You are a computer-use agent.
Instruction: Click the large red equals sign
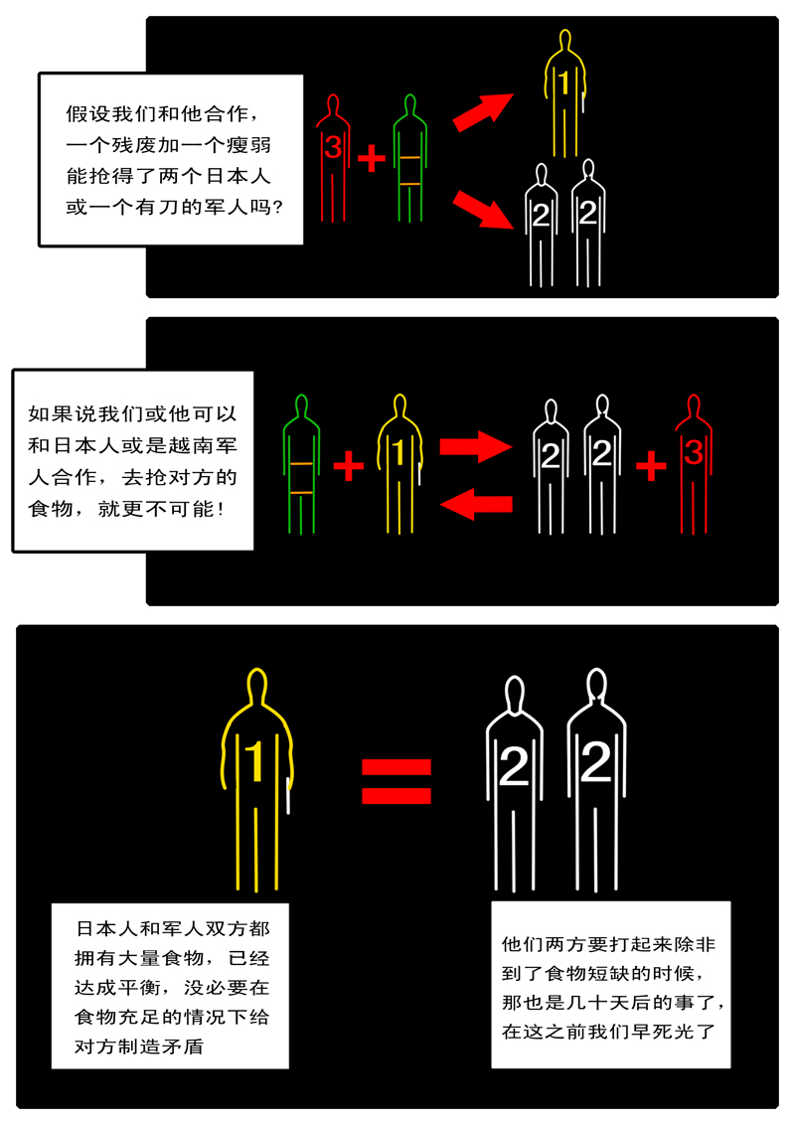click(x=396, y=782)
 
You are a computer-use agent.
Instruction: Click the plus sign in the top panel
click(x=370, y=157)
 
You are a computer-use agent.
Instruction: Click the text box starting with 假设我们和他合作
click(x=171, y=159)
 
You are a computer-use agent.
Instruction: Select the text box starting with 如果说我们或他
click(x=132, y=459)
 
